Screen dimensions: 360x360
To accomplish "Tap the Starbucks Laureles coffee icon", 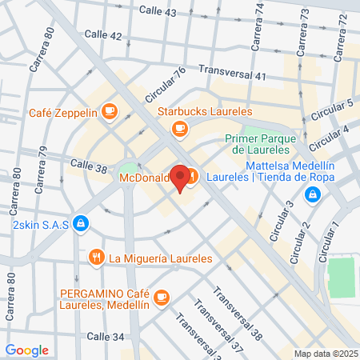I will coord(181,126).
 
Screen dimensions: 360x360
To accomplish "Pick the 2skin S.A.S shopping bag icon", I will coord(81,223).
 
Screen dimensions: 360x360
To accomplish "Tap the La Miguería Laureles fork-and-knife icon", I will coord(96,258).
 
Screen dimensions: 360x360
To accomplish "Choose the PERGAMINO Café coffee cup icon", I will coord(162,296).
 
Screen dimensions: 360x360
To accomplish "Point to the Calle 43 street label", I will coord(158,12).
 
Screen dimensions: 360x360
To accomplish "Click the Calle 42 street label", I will coord(105,36).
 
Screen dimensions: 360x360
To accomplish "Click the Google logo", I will coord(27,350).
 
